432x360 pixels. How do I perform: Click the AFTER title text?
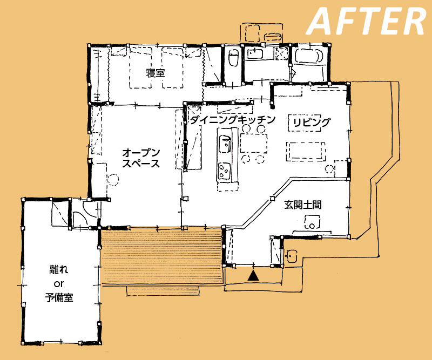pos(367,21)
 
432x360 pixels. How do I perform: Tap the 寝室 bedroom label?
pos(156,73)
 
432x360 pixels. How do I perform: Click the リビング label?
pos(312,122)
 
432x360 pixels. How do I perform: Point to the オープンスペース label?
pos(141,158)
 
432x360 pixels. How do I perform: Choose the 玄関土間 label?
pos(303,205)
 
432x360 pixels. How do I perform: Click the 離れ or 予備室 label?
pos(59,283)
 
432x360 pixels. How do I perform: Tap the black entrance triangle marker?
pos(253,276)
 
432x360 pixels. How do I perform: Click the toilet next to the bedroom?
pos(234,58)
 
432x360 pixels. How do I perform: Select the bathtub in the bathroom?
pos(308,56)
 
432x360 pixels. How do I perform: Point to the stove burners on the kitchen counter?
pos(224,171)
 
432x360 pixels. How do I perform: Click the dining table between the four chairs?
pos(253,143)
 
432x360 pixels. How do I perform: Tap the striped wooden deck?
pos(162,257)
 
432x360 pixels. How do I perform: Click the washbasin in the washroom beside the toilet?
pos(255,53)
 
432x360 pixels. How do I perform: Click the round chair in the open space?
pos(113,180)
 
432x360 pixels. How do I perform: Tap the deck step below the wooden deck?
pos(163,291)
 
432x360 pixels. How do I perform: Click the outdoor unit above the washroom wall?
pos(261,32)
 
